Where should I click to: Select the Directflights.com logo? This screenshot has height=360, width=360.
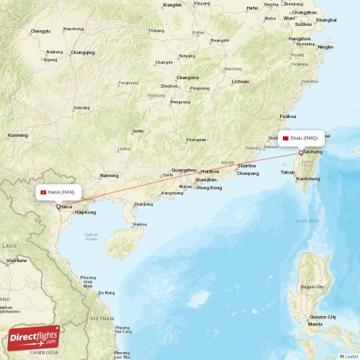point(35,338)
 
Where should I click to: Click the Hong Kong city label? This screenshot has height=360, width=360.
point(210,187)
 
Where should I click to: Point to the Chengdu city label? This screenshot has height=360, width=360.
point(41,32)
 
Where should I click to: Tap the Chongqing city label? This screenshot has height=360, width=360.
point(83,52)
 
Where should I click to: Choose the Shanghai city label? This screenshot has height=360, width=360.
point(325,19)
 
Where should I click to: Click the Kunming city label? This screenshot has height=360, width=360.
point(17,135)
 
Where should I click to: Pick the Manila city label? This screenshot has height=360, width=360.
point(315,324)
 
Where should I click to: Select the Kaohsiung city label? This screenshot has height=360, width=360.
point(308,178)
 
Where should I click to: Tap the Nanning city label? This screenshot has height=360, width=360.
point(109,175)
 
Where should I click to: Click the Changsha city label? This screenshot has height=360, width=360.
point(187,77)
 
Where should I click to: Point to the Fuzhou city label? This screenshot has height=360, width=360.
point(288,116)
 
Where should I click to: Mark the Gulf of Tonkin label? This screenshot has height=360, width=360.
point(91,237)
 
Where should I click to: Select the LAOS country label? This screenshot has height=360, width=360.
point(9,246)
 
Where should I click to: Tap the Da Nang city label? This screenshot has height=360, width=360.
point(107,292)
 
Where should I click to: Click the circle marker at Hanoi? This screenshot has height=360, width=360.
point(58,207)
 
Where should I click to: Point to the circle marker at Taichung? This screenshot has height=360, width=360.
point(301,153)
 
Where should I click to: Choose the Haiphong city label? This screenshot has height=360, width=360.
point(85,212)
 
